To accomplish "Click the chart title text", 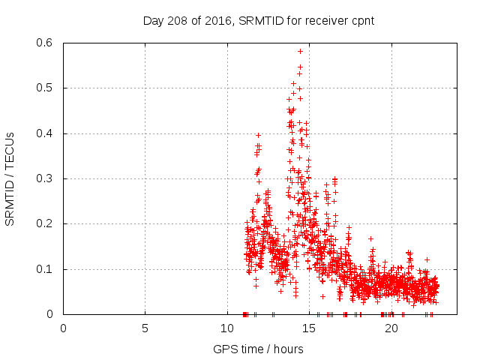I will coord(259,20).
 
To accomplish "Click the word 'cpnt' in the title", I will coord(361,20).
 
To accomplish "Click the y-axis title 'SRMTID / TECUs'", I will coord(10,178).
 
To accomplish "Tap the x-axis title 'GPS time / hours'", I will coord(258,349).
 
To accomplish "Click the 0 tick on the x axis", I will coord(63,328).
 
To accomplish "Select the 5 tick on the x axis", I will coord(145,328).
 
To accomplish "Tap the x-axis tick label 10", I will coord(227,328).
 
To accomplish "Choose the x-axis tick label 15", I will coord(309,328).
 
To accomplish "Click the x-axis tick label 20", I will coord(391,328).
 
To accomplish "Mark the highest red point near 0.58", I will coord(300,52).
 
